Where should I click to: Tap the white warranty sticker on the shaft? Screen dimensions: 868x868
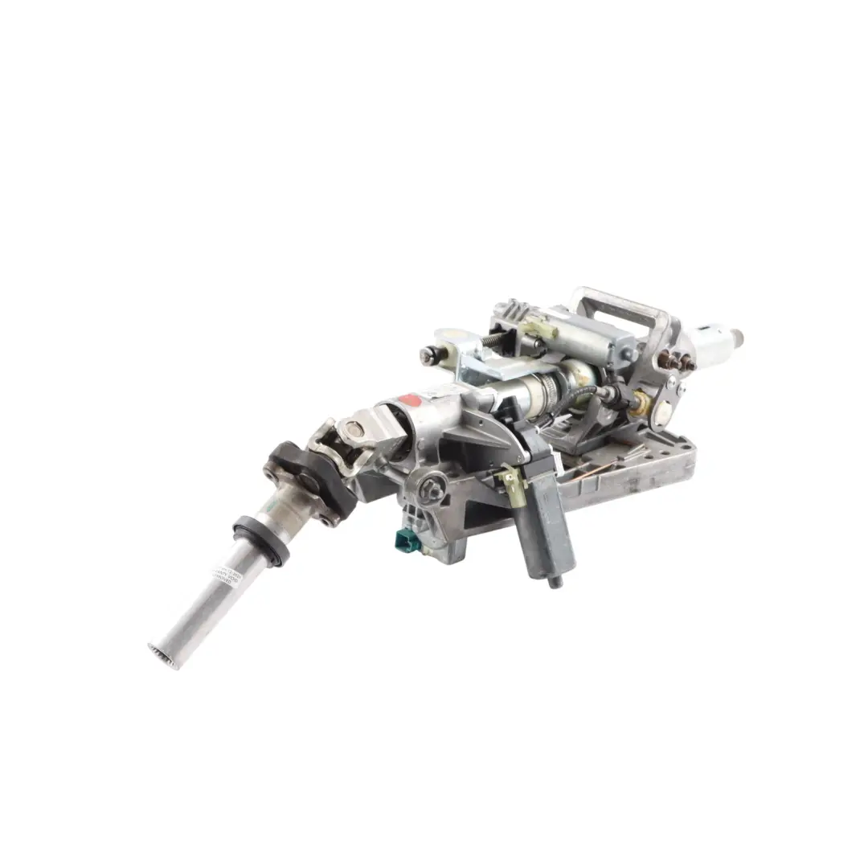click(x=224, y=571)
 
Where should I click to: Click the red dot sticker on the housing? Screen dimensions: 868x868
click(x=410, y=399)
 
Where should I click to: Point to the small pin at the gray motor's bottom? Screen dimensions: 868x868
click(x=554, y=582)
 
